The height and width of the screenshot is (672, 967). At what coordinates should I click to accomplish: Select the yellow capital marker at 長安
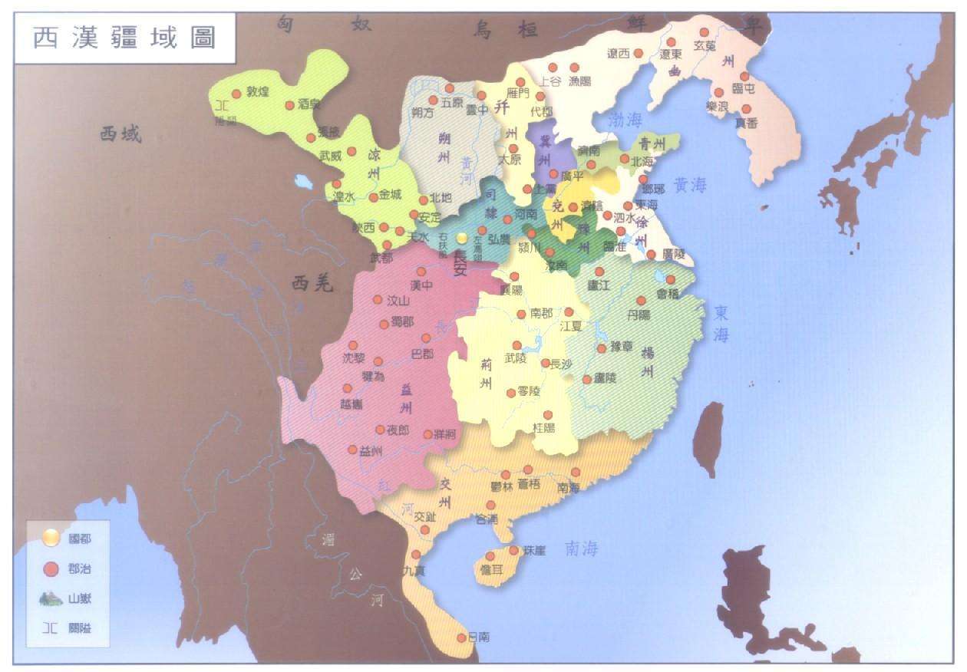[x=461, y=239]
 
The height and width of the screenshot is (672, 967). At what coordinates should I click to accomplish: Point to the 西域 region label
[x=120, y=134]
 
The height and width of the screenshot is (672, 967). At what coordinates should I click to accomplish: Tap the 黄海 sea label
[x=690, y=184]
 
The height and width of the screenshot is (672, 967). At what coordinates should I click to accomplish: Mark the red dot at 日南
[x=461, y=637]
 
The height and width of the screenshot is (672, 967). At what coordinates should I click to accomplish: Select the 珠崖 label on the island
[x=533, y=551]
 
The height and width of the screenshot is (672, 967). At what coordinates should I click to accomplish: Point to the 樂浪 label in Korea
[x=718, y=107]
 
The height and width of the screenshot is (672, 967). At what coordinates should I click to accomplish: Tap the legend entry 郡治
[x=79, y=568]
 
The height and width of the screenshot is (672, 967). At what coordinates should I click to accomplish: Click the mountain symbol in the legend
[x=51, y=598]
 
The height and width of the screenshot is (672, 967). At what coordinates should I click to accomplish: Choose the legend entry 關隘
[x=79, y=628]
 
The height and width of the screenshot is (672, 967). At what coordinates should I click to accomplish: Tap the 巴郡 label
[x=422, y=354]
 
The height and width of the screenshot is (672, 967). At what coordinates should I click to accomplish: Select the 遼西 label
[x=618, y=54]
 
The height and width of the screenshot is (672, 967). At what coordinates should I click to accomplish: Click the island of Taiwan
[x=708, y=440]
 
